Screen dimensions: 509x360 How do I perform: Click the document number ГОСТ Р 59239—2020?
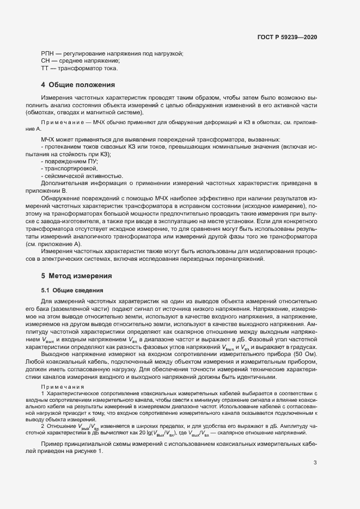click(x=287, y=38)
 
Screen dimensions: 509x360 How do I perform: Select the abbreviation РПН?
click(x=48, y=53)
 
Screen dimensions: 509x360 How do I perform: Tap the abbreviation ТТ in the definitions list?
click(x=45, y=68)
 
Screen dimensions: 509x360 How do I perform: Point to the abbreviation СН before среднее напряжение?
click(x=46, y=61)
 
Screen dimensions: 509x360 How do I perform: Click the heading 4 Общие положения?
click(x=78, y=85)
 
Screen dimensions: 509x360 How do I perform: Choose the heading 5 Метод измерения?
click(x=76, y=276)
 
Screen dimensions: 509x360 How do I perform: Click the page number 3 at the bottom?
click(x=315, y=463)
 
